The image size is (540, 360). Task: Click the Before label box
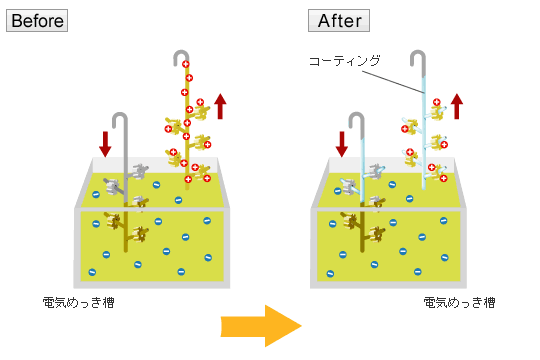(x=37, y=20)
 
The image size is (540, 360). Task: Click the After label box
(x=338, y=20)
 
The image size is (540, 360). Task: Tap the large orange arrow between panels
(x=261, y=324)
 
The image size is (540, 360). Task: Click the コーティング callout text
(x=344, y=61)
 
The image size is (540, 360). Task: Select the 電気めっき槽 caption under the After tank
(x=458, y=301)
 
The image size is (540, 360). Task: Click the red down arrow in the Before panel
(x=105, y=143)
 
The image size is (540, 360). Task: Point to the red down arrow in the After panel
(x=341, y=143)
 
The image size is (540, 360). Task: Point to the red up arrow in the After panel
(x=457, y=105)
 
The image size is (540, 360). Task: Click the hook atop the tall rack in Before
(x=180, y=55)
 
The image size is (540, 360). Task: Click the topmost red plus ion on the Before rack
(x=187, y=66)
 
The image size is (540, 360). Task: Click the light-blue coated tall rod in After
(x=423, y=130)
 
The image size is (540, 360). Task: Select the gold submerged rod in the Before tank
(x=125, y=230)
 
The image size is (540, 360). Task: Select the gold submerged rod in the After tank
(x=361, y=230)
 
